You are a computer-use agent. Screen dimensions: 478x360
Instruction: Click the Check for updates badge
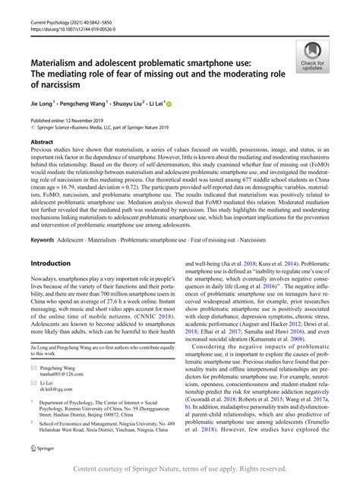point(313,59)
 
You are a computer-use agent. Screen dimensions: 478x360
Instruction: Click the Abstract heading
point(44,141)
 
